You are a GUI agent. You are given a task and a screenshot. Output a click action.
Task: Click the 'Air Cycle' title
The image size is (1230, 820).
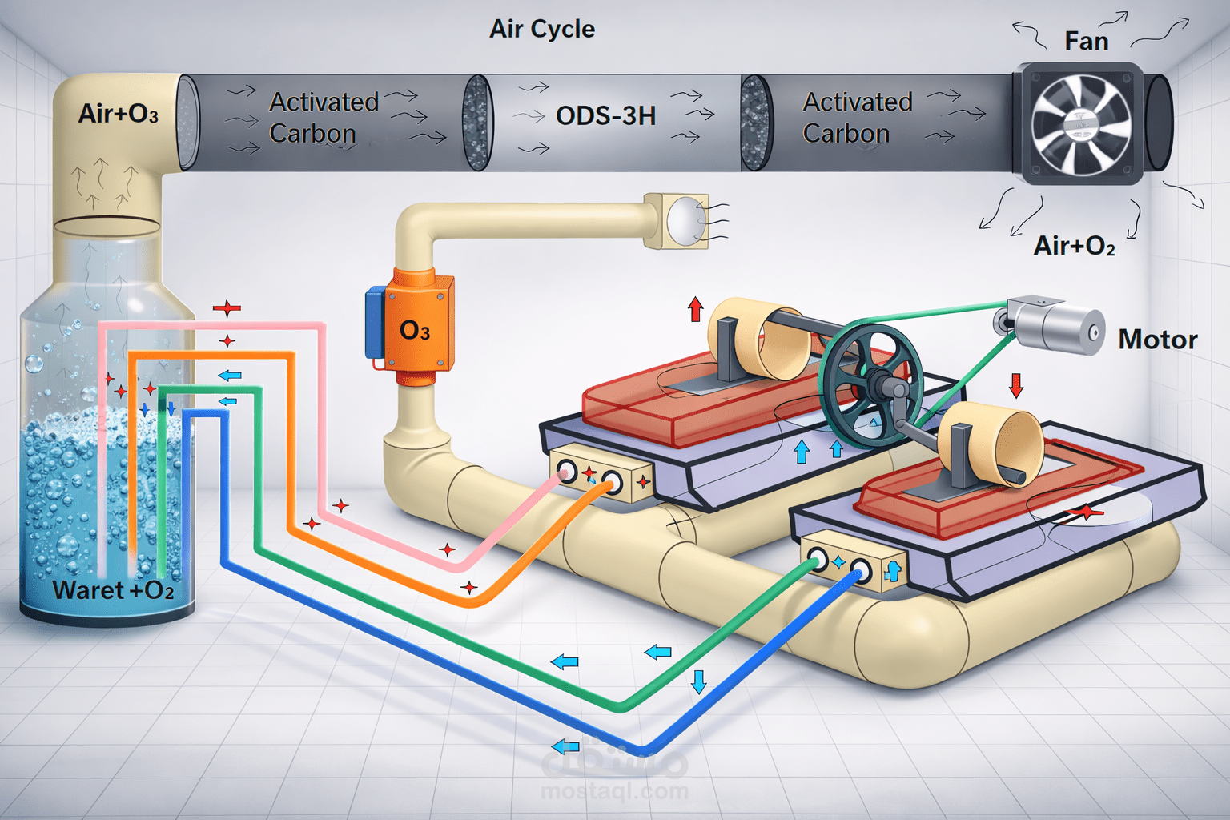542,30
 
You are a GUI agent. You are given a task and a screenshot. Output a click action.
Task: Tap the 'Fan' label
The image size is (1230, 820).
1086,41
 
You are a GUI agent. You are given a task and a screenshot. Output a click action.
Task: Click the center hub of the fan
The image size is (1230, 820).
1080,124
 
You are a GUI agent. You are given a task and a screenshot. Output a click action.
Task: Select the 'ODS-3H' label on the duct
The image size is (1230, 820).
605,116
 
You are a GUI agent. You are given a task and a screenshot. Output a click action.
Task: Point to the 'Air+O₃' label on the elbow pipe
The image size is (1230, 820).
118,114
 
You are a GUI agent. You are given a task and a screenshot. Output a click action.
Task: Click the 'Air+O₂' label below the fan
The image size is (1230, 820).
1074,245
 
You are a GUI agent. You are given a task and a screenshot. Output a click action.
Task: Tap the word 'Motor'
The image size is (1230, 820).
1157,340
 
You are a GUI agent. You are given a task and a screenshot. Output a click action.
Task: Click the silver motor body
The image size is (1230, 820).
1057,328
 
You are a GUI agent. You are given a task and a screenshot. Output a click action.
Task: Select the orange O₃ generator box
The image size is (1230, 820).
417,328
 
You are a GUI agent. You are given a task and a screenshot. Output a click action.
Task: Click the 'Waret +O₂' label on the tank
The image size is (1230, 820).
113,590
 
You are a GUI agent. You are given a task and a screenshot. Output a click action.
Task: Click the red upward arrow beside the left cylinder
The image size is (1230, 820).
695,309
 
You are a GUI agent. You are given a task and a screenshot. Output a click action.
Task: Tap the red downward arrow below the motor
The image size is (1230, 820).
1016,385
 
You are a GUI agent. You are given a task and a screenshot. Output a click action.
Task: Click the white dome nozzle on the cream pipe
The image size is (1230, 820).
685,220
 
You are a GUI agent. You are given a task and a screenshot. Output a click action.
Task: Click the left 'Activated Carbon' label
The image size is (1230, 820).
323,118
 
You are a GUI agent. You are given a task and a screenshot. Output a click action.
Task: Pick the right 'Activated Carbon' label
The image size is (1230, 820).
857,118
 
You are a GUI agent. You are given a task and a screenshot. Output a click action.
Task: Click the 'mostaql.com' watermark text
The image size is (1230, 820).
614,792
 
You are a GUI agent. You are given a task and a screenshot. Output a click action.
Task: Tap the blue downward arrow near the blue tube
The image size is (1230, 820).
699,681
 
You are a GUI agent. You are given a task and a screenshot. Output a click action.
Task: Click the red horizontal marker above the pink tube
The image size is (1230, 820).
227,308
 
